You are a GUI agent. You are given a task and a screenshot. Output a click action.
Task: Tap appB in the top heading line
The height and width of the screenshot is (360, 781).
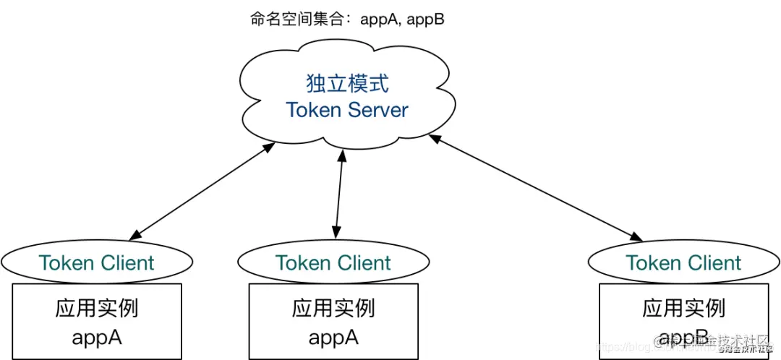[425, 20]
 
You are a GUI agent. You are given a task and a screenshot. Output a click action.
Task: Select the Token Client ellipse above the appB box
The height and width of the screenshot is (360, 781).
[683, 262]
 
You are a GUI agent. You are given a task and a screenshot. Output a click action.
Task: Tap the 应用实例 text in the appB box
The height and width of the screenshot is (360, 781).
[683, 309]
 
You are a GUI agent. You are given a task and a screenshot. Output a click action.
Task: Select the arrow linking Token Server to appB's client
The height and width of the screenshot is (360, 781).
[535, 187]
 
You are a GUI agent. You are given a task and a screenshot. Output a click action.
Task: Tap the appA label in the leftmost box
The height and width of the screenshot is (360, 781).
[96, 337]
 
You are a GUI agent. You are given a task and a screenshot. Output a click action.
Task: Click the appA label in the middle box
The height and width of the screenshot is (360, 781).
[333, 337]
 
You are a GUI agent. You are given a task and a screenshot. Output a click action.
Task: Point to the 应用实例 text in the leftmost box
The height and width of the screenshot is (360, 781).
[96, 309]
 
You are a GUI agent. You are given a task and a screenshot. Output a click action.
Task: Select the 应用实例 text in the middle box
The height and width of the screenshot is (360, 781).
[333, 309]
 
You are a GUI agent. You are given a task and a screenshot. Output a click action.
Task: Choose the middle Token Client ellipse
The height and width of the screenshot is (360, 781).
[333, 262]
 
